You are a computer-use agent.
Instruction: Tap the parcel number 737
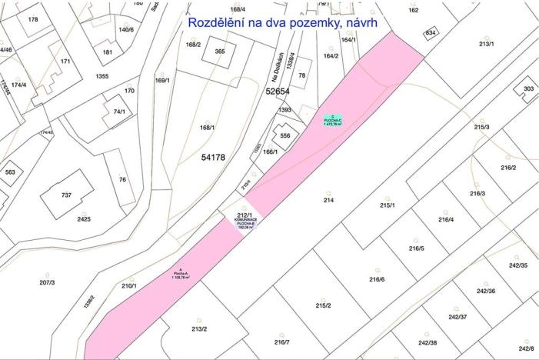coord(66,195)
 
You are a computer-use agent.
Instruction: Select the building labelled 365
coord(220,52)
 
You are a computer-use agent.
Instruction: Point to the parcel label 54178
coord(213,158)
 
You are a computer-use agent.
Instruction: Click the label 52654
coord(278,92)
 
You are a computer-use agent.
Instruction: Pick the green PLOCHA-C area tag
coord(331,120)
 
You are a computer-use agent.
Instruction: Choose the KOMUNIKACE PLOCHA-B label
coord(245,223)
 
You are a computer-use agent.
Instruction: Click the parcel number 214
coord(328,200)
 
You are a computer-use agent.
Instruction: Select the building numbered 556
coord(285,135)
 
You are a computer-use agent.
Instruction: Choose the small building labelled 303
coord(528,89)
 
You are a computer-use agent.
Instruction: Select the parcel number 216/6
coord(376,279)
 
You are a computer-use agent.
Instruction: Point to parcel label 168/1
coord(207,128)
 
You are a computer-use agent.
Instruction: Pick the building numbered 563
coord(9,172)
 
